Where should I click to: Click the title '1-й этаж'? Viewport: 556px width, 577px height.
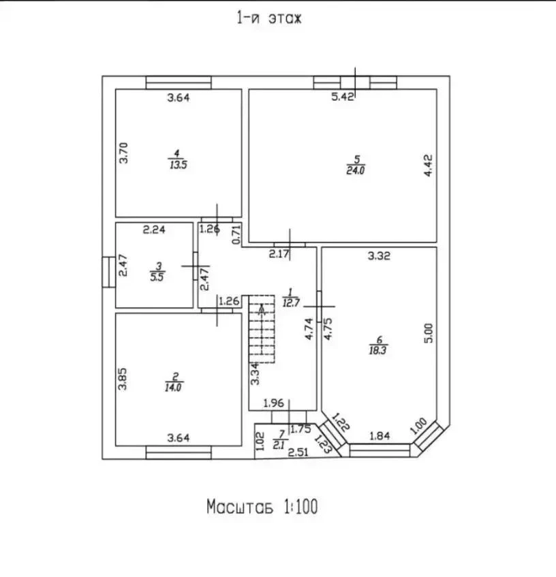pyautogui.click(x=269, y=18)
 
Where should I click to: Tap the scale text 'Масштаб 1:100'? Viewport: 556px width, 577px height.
pyautogui.click(x=262, y=507)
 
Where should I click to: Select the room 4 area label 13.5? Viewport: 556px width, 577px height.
pyautogui.click(x=179, y=164)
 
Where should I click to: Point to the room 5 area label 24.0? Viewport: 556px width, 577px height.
pyautogui.click(x=356, y=170)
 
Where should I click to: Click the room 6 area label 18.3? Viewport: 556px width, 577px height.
pyautogui.click(x=378, y=350)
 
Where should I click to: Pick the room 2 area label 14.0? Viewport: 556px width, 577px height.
pyautogui.click(x=173, y=388)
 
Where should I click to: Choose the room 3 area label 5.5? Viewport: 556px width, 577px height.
pyautogui.click(x=157, y=277)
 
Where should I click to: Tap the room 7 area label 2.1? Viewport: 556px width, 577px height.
pyautogui.click(x=279, y=446)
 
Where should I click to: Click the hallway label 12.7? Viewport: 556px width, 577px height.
pyautogui.click(x=291, y=303)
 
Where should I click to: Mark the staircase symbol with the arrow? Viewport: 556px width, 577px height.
pyautogui.click(x=262, y=328)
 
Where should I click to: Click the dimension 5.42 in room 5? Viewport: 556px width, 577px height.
pyautogui.click(x=343, y=97)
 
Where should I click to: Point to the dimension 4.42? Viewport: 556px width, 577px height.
pyautogui.click(x=428, y=166)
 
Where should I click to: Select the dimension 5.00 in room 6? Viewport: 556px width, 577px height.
pyautogui.click(x=429, y=333)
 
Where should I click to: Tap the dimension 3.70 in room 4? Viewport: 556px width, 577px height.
pyautogui.click(x=123, y=153)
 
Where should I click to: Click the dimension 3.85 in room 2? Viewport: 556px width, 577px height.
pyautogui.click(x=122, y=379)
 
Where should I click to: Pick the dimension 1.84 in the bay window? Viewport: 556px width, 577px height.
pyautogui.click(x=380, y=436)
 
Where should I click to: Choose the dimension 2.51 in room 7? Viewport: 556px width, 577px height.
pyautogui.click(x=298, y=452)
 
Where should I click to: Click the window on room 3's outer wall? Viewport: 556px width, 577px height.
pyautogui.click(x=109, y=272)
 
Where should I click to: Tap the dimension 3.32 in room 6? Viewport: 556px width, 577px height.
pyautogui.click(x=379, y=255)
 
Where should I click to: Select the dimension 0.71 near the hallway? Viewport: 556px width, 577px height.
pyautogui.click(x=236, y=235)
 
